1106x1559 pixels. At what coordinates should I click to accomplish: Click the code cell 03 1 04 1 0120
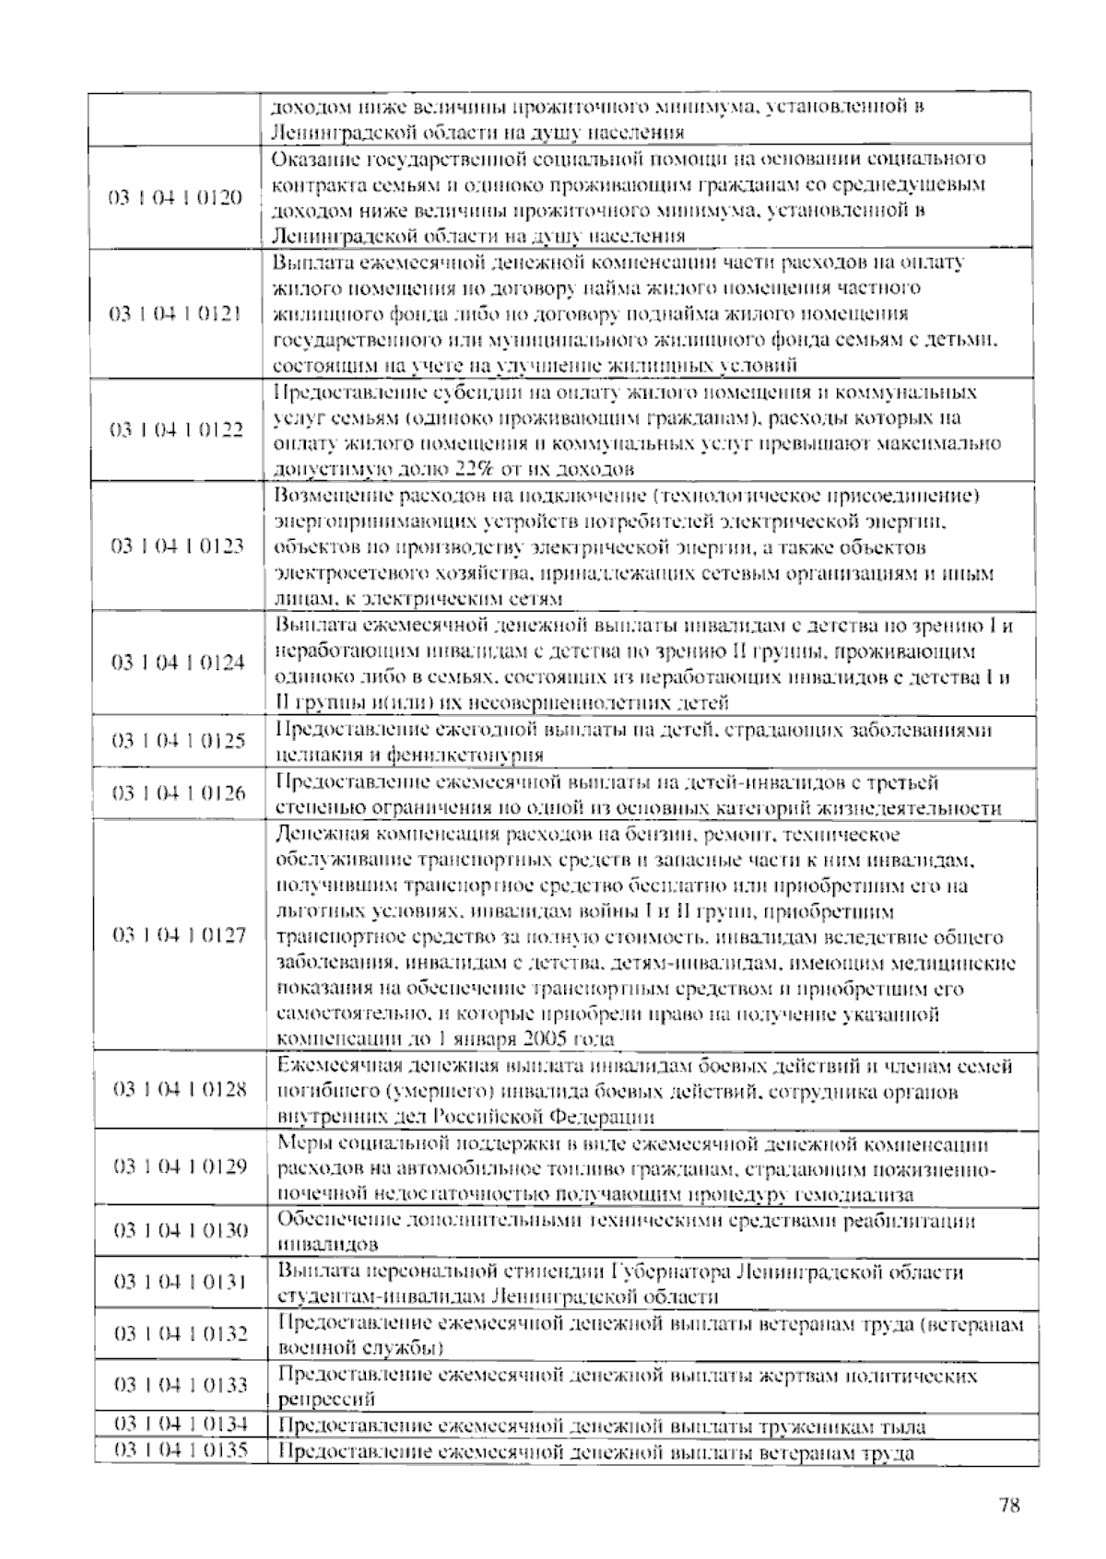click(176, 198)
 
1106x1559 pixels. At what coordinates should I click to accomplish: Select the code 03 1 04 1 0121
click(176, 314)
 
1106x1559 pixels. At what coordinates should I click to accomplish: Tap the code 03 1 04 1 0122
click(177, 430)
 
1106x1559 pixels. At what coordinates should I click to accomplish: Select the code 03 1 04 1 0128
click(180, 1090)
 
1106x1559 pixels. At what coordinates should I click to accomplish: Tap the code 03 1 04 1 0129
click(180, 1167)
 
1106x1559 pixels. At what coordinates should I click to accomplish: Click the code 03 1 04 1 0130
click(181, 1231)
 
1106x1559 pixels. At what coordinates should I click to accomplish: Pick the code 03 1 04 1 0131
click(181, 1283)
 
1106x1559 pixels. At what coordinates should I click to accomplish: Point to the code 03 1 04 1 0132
click(181, 1334)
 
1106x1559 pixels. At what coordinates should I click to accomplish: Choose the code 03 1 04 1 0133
click(181, 1385)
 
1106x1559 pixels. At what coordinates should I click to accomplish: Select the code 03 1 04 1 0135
click(181, 1451)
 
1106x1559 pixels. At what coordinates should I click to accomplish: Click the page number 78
click(1008, 1506)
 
